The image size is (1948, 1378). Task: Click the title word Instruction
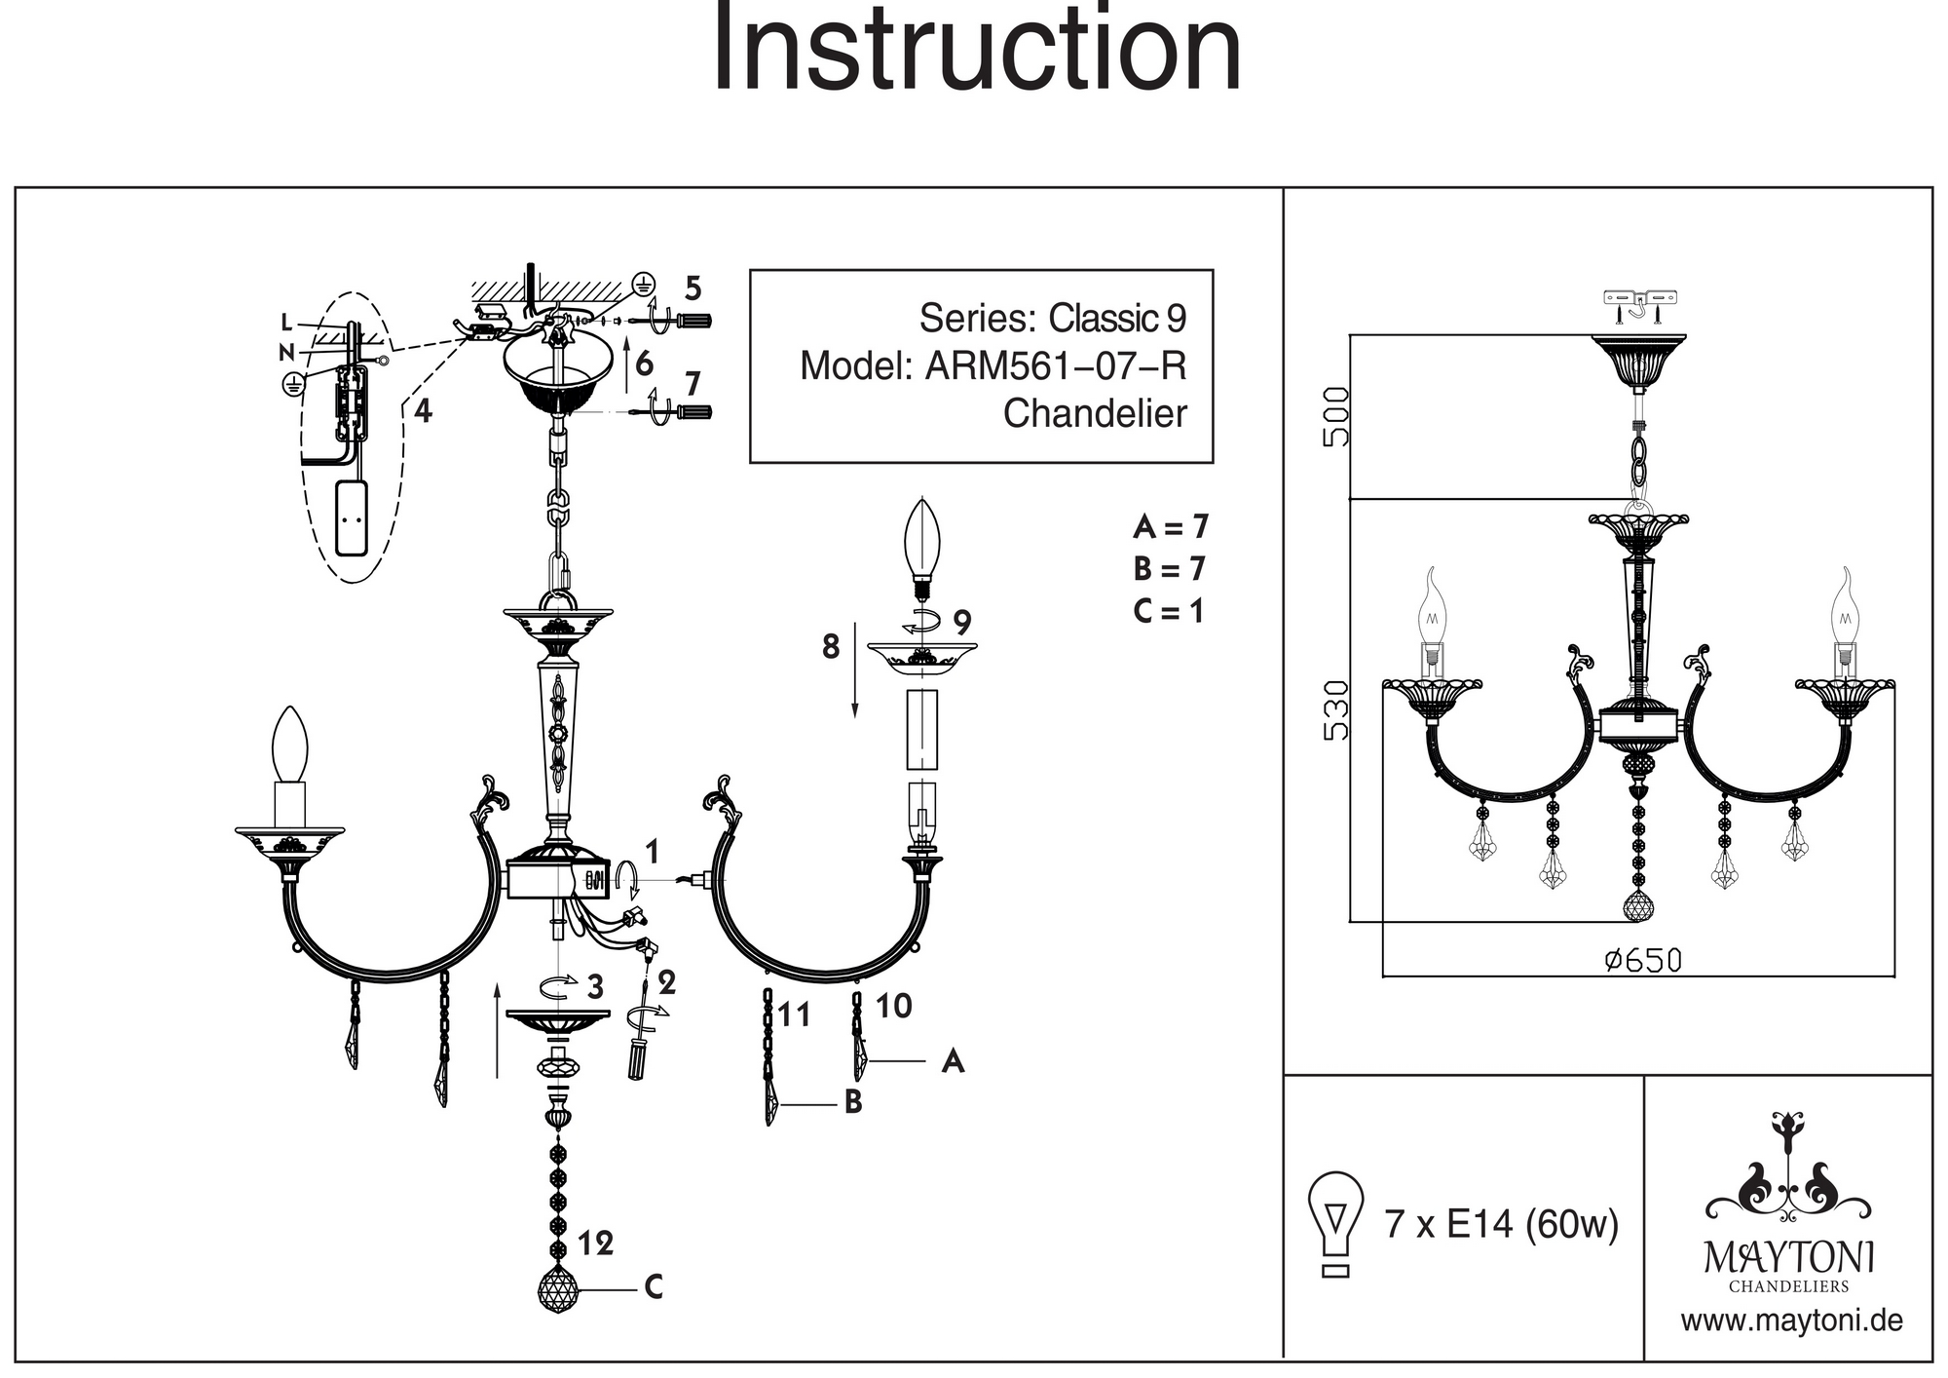[x=977, y=49]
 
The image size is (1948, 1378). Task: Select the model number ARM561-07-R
[x=1055, y=366]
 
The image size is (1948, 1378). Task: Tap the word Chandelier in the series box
[x=1095, y=413]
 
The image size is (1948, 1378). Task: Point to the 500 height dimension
[x=1336, y=417]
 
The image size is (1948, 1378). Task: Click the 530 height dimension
[x=1336, y=710]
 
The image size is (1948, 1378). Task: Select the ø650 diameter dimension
[x=1643, y=961]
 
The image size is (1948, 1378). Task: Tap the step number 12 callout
[x=595, y=1244]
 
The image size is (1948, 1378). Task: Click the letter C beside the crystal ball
[x=654, y=1287]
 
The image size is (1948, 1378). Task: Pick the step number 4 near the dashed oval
[x=422, y=411]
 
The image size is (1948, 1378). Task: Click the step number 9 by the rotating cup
[x=962, y=621]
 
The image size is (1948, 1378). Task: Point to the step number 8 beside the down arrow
[x=830, y=646]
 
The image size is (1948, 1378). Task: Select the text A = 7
[x=1170, y=527]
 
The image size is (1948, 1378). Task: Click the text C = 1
[x=1169, y=611]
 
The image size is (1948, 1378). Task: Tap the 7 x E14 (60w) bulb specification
[x=1501, y=1223]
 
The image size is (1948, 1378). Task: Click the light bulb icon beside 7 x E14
[x=1336, y=1223]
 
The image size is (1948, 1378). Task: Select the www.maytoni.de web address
[x=1791, y=1321]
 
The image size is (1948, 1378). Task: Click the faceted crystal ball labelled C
[x=558, y=1287]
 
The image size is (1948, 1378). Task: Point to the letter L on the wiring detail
[x=285, y=323]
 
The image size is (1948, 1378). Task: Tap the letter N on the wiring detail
[x=285, y=352]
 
